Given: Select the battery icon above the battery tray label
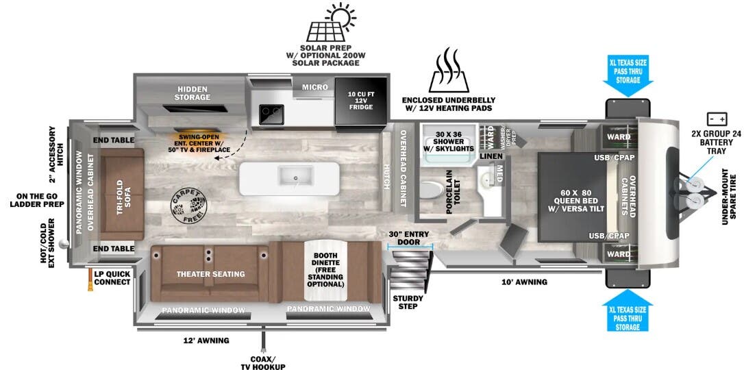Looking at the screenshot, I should (717, 118).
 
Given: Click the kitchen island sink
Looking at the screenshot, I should (295, 177).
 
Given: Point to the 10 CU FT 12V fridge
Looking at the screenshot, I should (361, 101).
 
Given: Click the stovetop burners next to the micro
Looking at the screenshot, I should (272, 114).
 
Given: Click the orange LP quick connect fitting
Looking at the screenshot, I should (90, 280).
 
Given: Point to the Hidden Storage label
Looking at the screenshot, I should (192, 93).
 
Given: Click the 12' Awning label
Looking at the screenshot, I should (206, 341).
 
